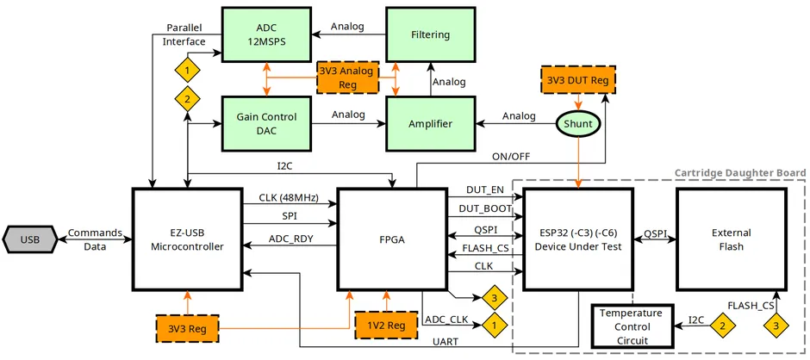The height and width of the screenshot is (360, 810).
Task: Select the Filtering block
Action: [430, 34]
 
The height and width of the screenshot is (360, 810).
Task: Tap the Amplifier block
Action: [430, 123]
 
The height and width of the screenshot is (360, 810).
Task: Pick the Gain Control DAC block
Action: [265, 123]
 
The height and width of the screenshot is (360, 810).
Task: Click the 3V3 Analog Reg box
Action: [346, 78]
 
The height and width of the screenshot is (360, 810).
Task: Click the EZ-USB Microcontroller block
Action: [186, 239]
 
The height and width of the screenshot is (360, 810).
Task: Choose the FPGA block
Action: [391, 239]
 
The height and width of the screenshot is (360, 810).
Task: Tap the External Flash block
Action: [731, 239]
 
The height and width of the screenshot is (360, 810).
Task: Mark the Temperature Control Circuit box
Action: [632, 326]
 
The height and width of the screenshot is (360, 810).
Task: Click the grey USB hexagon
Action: [29, 239]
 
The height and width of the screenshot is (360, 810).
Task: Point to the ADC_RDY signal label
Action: [290, 239]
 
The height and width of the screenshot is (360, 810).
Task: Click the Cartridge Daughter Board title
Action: [738, 173]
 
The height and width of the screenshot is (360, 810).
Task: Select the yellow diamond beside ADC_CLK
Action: [494, 326]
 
